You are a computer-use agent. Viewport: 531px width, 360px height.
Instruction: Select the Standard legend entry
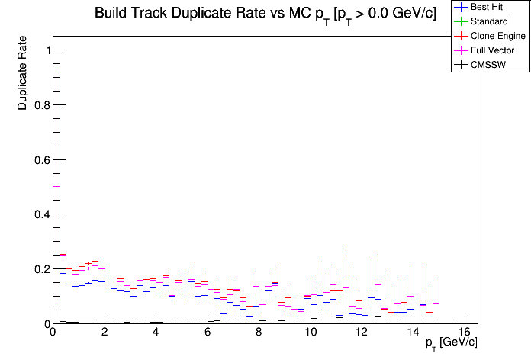pyautogui.click(x=488, y=21)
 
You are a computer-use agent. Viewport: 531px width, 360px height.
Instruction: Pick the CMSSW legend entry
pyautogui.click(x=489, y=65)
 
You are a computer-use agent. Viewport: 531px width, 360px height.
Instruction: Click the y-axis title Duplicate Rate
pyautogui.click(x=23, y=72)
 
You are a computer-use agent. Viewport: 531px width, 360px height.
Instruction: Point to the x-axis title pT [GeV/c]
pyautogui.click(x=452, y=342)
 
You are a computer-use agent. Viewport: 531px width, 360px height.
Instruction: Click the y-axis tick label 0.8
pyautogui.click(x=38, y=105)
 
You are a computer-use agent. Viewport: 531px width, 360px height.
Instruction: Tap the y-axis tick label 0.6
pyautogui.click(x=38, y=160)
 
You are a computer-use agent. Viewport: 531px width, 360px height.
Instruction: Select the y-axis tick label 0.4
pyautogui.click(x=38, y=214)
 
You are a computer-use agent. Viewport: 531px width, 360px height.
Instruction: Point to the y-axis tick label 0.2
pyautogui.click(x=38, y=269)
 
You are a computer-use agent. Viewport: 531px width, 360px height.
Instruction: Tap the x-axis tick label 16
pyautogui.click(x=465, y=333)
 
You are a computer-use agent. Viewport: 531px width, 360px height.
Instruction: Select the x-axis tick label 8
pyautogui.click(x=259, y=333)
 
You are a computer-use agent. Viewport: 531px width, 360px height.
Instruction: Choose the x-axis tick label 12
pyautogui.click(x=362, y=333)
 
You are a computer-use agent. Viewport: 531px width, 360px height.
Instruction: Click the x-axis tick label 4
pyautogui.click(x=156, y=333)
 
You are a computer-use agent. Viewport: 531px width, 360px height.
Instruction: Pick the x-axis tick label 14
pyautogui.click(x=413, y=333)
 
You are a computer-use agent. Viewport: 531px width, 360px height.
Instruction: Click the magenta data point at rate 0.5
pyautogui.click(x=55, y=186)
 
